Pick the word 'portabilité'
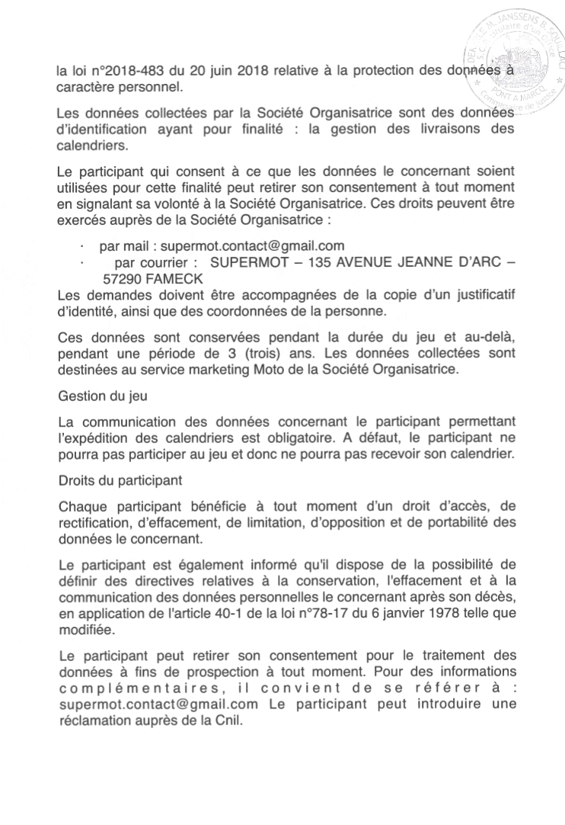tap(465, 522)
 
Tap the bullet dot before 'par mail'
tap(81, 247)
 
